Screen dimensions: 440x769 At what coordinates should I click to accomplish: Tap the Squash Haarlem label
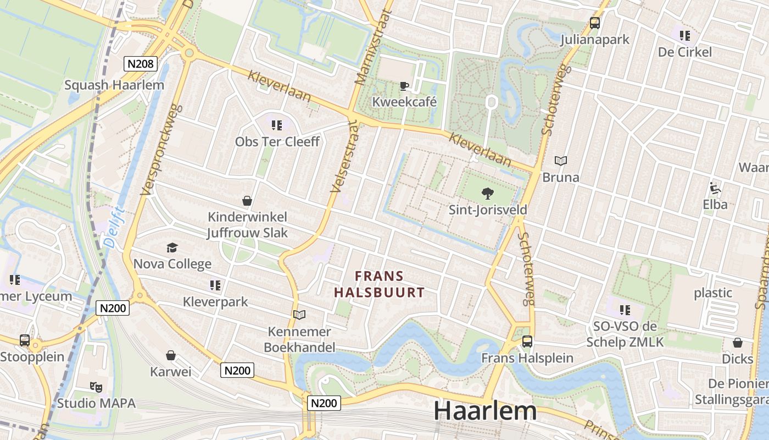[x=114, y=85]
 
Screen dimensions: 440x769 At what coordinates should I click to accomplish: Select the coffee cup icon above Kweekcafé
[x=404, y=86]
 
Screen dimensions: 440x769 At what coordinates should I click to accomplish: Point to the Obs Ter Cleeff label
[x=277, y=141]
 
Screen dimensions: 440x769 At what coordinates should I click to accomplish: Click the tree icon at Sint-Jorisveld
[x=487, y=193]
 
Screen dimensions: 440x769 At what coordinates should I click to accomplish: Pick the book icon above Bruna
[x=560, y=161]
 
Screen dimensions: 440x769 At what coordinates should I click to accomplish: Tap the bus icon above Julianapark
[x=595, y=23]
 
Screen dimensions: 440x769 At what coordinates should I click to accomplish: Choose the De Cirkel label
[x=685, y=52]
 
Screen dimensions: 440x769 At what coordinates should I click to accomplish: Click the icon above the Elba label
[x=715, y=188]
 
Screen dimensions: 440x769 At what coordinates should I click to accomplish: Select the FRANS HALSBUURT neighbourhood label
[x=380, y=284]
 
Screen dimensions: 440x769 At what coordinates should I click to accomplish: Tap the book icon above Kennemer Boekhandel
[x=299, y=315]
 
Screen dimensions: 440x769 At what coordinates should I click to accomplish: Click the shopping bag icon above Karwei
[x=171, y=356]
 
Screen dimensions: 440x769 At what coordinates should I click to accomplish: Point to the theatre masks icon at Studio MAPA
[x=96, y=387]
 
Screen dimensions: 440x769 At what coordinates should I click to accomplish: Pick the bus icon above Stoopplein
[x=25, y=340]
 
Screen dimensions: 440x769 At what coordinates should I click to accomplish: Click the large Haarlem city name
[x=485, y=411]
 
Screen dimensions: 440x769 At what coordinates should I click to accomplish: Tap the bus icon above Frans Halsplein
[x=527, y=342]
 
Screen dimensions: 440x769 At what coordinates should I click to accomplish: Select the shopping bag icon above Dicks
[x=738, y=343]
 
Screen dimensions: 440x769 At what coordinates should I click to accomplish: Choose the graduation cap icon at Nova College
[x=172, y=248]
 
